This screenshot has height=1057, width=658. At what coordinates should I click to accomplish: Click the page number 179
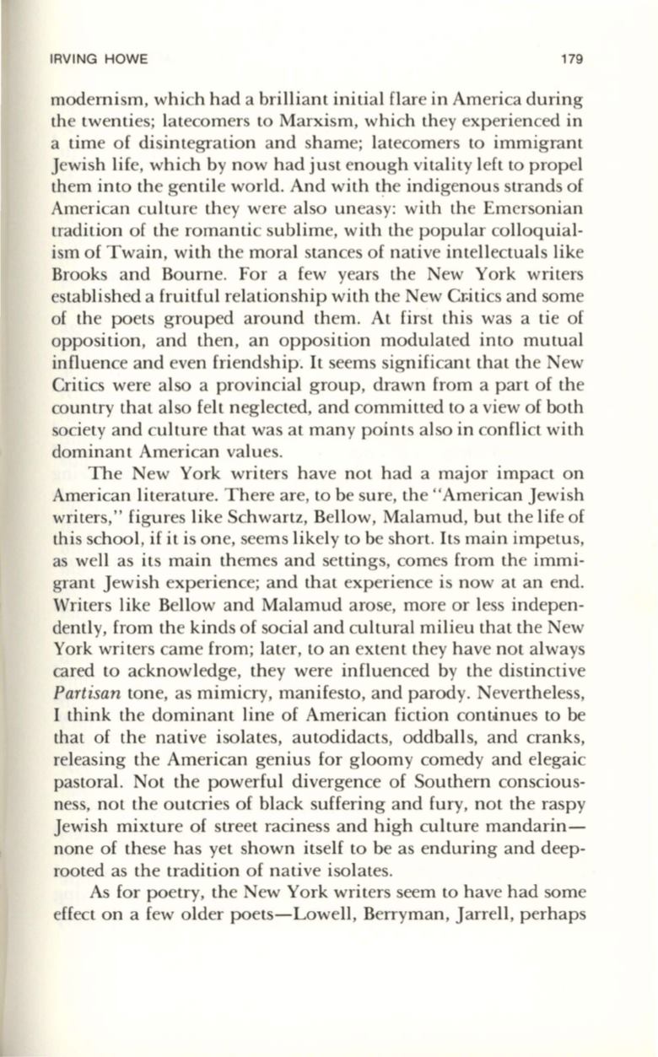tap(574, 60)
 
